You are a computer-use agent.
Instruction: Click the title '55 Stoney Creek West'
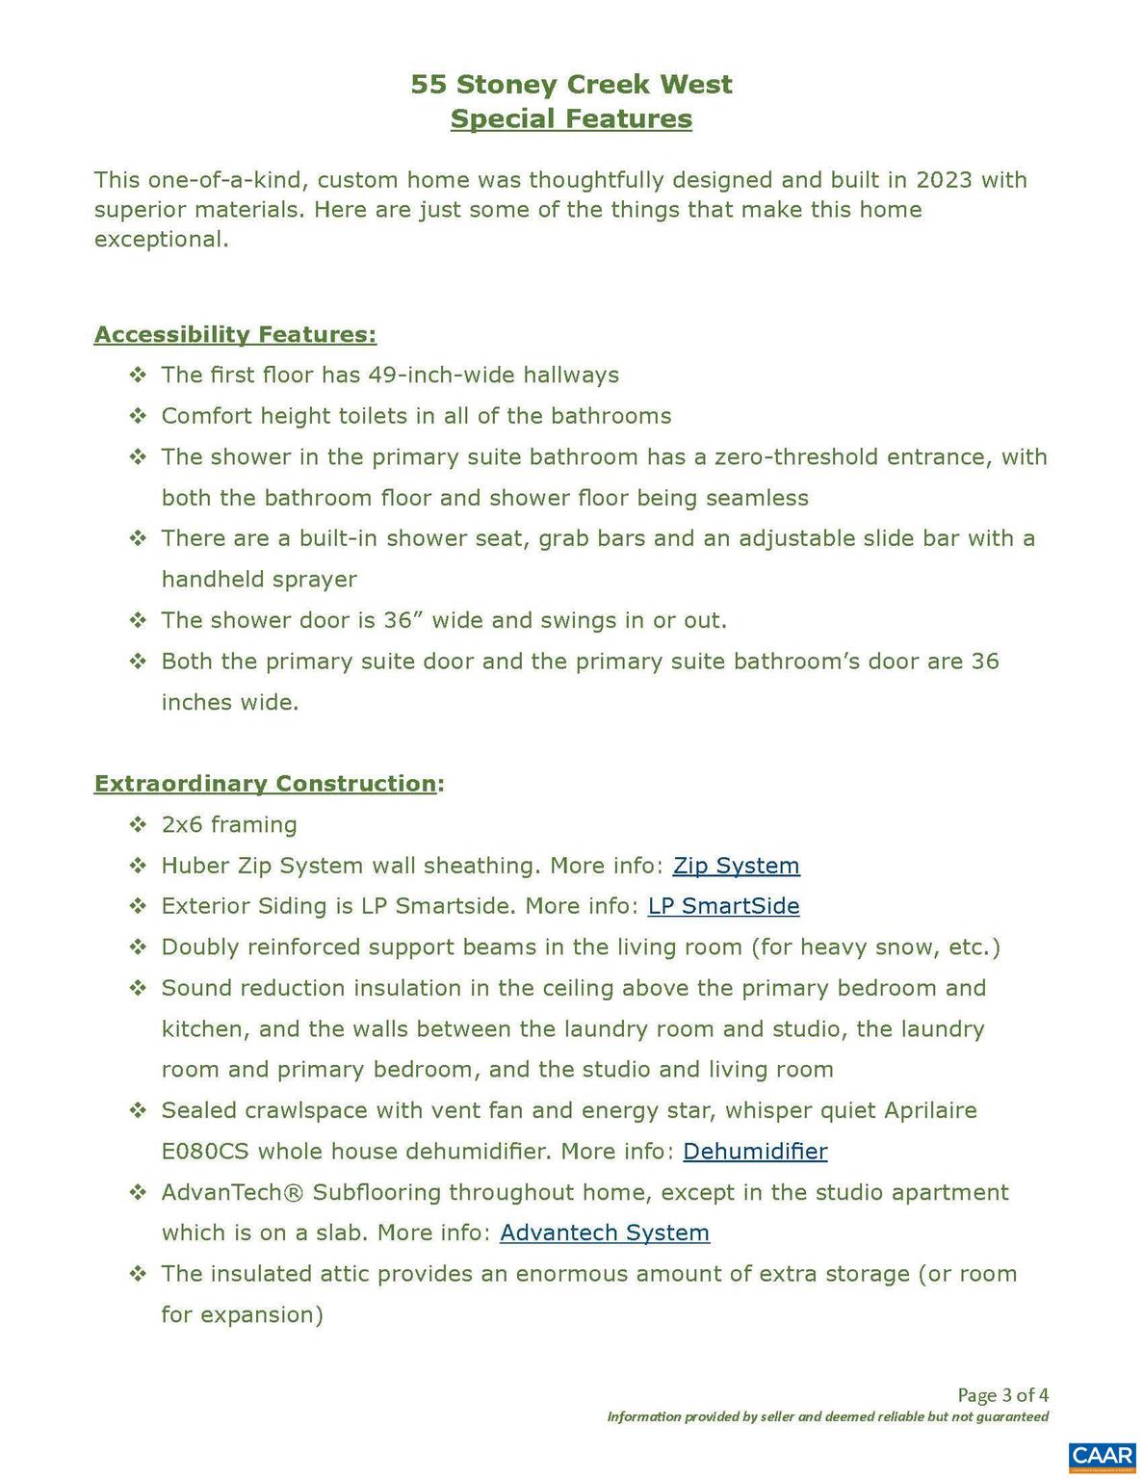(571, 85)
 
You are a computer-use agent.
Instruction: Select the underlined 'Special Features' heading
(571, 119)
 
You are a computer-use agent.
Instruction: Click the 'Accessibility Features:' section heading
(235, 335)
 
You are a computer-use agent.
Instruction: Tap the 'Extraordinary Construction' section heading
(265, 784)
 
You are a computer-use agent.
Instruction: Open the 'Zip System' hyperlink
(736, 866)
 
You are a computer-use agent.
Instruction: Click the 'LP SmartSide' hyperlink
(723, 906)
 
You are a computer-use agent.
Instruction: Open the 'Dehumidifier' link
(755, 1152)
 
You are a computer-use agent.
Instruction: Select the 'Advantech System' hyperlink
(605, 1233)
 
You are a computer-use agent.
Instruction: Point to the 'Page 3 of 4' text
(1002, 1395)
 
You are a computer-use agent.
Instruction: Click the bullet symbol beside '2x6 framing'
(138, 825)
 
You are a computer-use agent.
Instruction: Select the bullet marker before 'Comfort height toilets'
(138, 416)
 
